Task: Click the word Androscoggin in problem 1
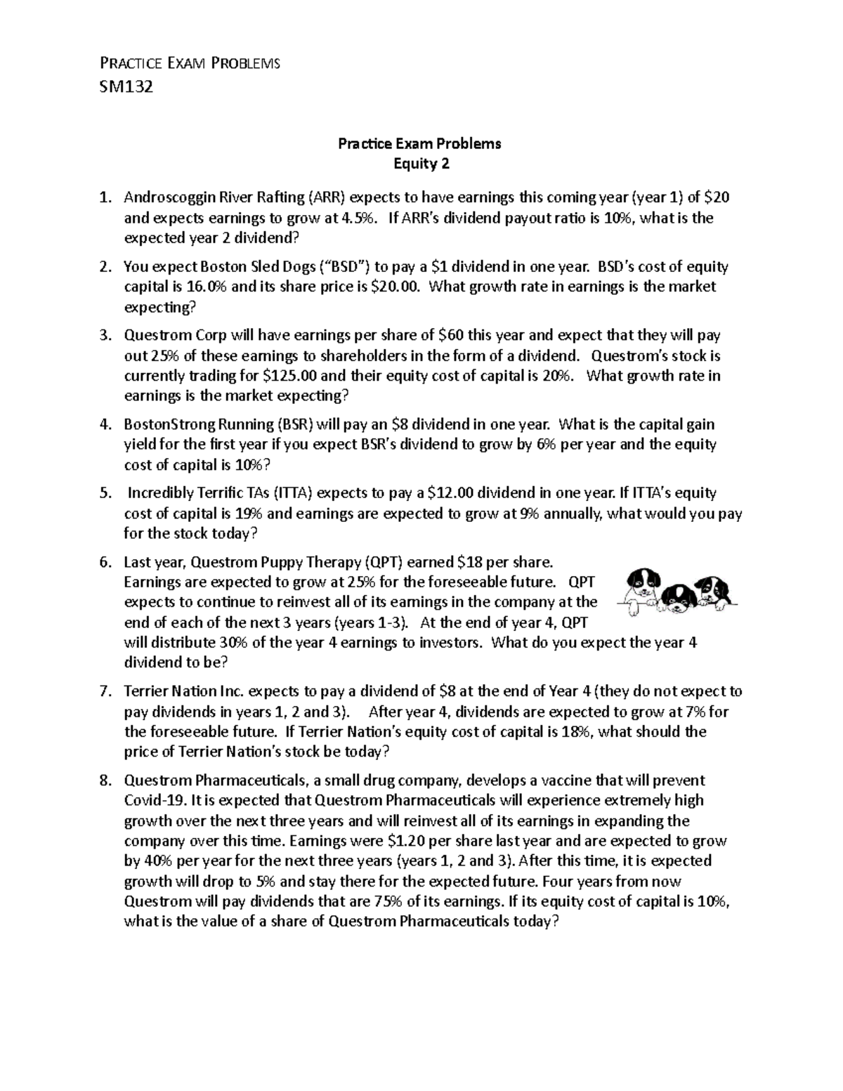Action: (167, 197)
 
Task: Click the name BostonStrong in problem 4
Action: (166, 424)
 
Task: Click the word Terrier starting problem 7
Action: (144, 691)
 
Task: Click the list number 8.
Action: (105, 780)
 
